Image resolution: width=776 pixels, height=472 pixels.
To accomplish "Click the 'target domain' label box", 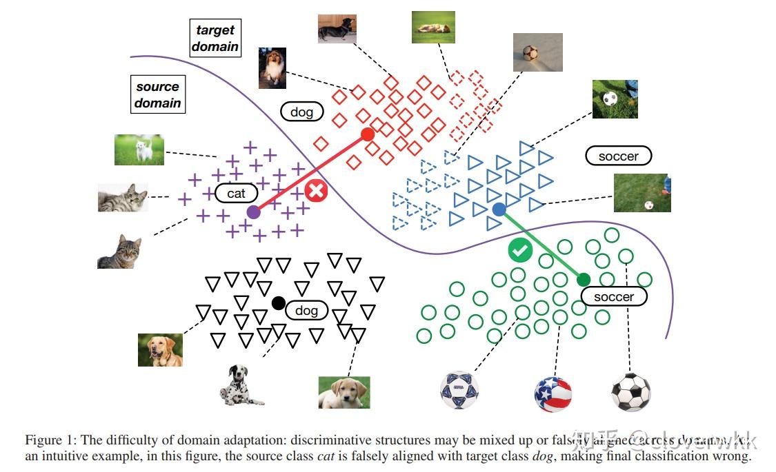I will click(215, 39).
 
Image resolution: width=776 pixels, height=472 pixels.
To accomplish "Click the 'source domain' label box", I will click(157, 95).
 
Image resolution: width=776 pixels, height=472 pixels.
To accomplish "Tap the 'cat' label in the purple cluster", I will click(236, 194).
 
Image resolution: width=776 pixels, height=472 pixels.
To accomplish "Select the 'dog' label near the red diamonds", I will click(301, 112).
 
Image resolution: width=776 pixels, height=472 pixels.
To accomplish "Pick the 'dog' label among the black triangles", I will click(306, 311).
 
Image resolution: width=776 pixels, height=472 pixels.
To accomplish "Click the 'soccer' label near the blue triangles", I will click(618, 156).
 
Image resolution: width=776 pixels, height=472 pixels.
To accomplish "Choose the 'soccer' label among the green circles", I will click(613, 297).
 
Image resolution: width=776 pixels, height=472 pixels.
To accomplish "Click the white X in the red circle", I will click(317, 191).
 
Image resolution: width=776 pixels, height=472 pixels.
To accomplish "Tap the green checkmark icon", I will click(520, 250).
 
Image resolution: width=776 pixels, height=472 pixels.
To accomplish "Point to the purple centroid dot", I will click(253, 212).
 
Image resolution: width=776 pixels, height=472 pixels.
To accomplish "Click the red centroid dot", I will click(368, 134).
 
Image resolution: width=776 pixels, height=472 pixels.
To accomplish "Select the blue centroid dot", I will click(499, 209).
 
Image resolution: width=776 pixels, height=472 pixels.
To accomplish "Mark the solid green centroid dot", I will click(584, 279).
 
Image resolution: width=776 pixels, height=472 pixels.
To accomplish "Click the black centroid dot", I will click(278, 302).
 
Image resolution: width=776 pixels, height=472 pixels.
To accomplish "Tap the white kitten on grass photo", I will click(139, 150).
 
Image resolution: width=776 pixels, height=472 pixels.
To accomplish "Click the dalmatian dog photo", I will click(239, 385).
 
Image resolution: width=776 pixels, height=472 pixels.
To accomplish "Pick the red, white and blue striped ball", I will click(553, 393).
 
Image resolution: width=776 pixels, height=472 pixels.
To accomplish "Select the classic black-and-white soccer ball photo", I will click(630, 392).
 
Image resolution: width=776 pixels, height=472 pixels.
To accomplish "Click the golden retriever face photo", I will click(160, 349).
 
